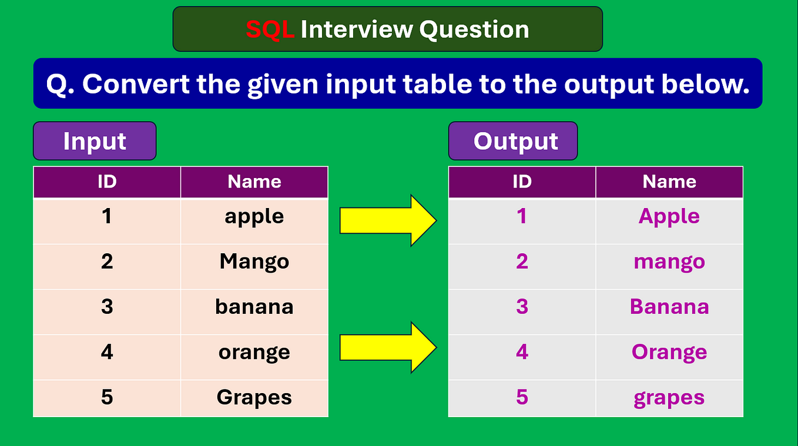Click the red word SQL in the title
[x=270, y=29]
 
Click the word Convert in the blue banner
[x=136, y=84]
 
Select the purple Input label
[x=95, y=141]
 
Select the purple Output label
[x=513, y=141]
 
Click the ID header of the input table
[x=107, y=182]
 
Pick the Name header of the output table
[x=669, y=182]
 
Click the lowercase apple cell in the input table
[x=254, y=221]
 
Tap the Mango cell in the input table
[x=254, y=266]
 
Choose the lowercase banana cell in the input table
[x=254, y=311]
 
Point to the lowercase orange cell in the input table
[x=254, y=357]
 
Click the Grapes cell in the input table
[x=254, y=398]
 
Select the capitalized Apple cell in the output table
[x=669, y=221]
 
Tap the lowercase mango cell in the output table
[x=669, y=266]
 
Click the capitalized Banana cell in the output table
[x=669, y=311]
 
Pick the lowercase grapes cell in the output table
[x=669, y=398]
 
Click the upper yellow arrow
[x=388, y=220]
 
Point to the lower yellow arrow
[x=388, y=347]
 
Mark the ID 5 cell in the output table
[x=522, y=398]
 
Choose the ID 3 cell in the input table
[x=107, y=311]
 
